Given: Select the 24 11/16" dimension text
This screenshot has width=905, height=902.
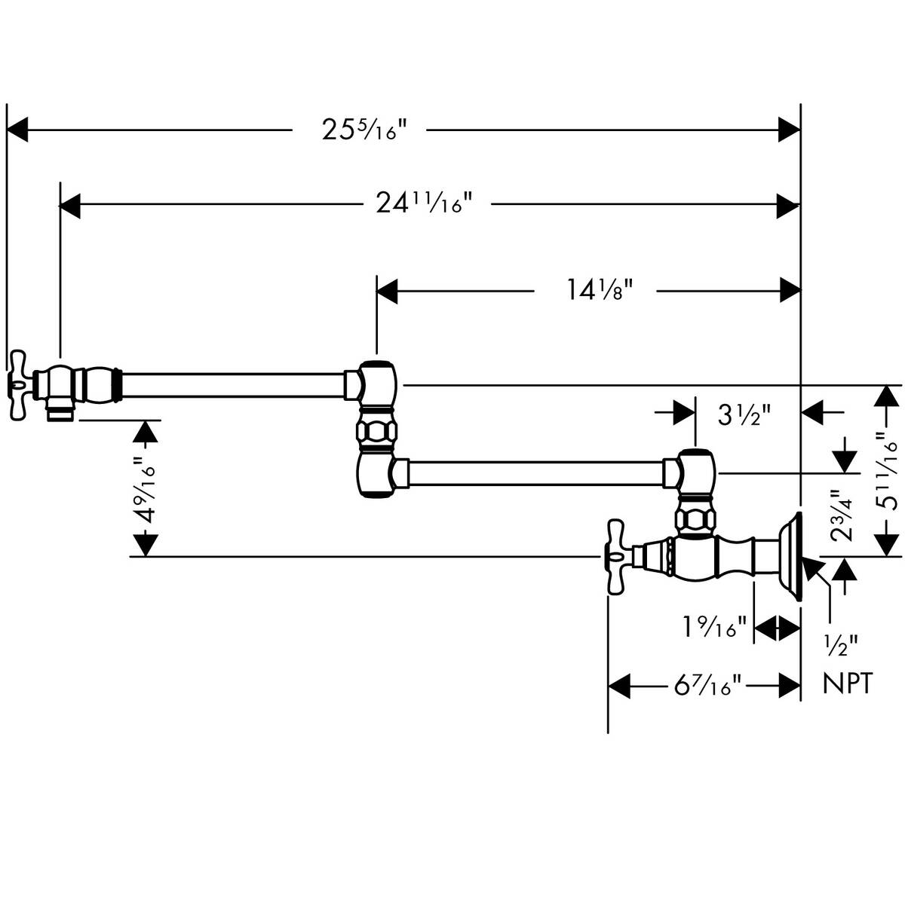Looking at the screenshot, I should (x=425, y=203).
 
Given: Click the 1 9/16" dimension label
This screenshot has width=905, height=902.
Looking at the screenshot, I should (x=715, y=626).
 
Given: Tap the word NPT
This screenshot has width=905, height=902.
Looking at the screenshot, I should (x=847, y=683).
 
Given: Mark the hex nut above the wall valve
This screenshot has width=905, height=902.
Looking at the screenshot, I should (x=693, y=520).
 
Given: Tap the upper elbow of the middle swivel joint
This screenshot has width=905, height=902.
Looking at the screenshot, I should (x=375, y=383).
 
